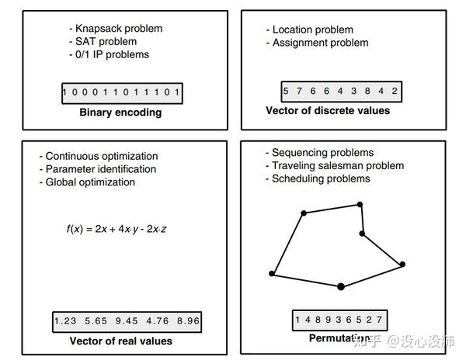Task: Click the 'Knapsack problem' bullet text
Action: tap(116, 29)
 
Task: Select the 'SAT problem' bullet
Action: tap(103, 42)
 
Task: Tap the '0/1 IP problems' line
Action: tap(109, 54)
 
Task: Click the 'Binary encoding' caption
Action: tap(120, 112)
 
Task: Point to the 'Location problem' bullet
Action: tap(310, 29)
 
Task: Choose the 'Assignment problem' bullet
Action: tap(317, 43)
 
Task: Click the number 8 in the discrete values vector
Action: tap(367, 91)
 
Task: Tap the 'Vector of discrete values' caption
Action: tap(328, 110)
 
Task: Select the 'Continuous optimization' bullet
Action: tap(99, 156)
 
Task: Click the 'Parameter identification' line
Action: tap(98, 169)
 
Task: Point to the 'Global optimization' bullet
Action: tap(87, 182)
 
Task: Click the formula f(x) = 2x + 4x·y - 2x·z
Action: tap(116, 229)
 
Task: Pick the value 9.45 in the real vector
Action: tap(127, 321)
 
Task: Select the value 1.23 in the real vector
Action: tap(65, 321)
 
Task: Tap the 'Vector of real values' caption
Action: tap(121, 341)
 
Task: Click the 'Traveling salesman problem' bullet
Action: tap(335, 165)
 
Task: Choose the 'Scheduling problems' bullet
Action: tap(318, 178)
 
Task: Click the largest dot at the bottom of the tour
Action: tap(341, 286)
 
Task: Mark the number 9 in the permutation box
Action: tap(328, 320)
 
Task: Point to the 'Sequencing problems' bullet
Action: tap(319, 153)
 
